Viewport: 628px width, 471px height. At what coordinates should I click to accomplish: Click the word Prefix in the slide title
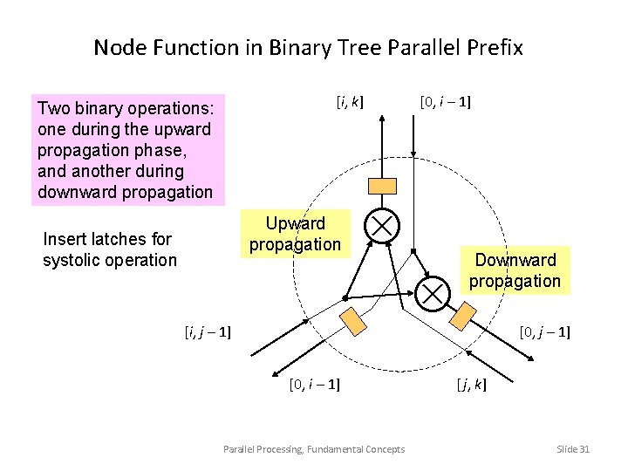[492, 47]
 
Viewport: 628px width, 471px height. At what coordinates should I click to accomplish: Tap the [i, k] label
[350, 102]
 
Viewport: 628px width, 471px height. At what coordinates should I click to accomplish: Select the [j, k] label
[471, 384]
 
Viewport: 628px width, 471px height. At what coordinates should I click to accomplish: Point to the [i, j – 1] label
[208, 331]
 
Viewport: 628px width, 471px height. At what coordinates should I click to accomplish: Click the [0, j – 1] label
[544, 331]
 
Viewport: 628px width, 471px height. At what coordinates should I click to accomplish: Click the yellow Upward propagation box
[295, 235]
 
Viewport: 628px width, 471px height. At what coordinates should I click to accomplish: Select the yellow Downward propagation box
[515, 270]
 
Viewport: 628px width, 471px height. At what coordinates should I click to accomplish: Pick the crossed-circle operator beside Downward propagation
[433, 291]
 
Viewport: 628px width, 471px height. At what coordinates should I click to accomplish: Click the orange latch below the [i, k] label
[383, 185]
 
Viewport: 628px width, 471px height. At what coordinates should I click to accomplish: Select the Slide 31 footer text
[573, 448]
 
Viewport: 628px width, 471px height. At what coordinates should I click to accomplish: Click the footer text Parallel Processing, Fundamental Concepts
[314, 448]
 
